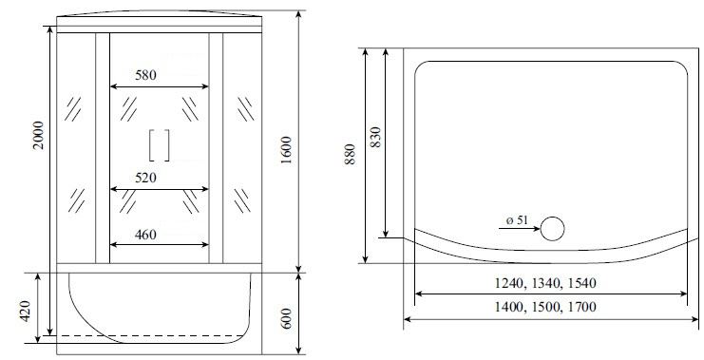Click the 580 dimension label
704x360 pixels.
146,75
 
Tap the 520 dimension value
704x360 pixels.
146,178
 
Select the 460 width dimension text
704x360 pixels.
146,235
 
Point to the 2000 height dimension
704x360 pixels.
39,135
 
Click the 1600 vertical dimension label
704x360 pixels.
287,150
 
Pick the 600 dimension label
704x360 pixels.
287,318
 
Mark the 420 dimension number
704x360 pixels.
25,311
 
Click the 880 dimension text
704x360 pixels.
351,154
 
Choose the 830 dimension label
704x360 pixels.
375,138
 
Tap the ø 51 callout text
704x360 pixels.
517,220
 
